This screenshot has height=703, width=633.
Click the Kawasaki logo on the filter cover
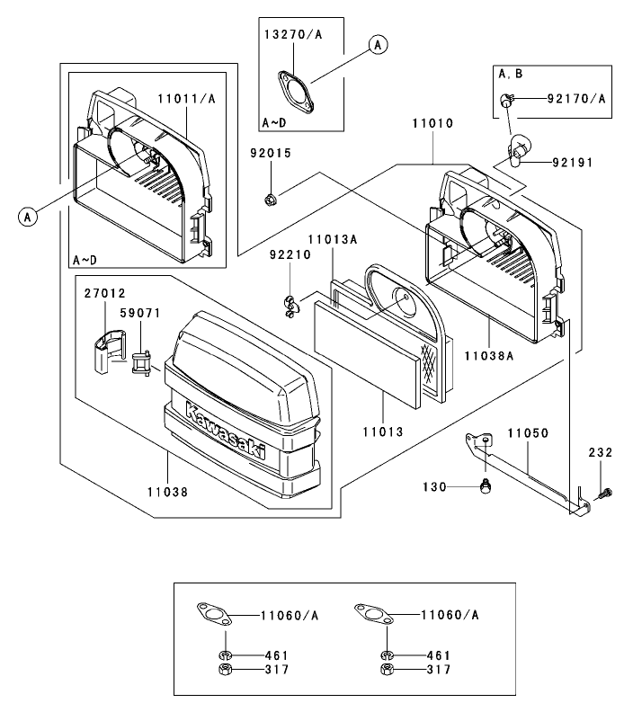(226, 432)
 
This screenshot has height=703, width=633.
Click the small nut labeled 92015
(270, 198)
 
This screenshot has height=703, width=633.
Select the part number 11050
(527, 432)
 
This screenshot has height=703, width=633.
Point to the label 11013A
(333, 239)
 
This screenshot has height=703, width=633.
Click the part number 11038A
(489, 356)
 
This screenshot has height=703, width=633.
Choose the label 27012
(106, 293)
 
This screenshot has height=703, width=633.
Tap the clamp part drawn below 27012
(107, 351)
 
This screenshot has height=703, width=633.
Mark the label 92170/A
(576, 99)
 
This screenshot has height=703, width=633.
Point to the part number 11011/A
(186, 99)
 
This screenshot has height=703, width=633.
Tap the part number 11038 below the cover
(168, 492)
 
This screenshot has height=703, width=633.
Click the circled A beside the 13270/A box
(378, 43)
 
